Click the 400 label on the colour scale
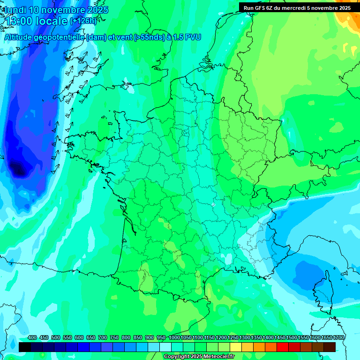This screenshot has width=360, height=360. pyautogui.click(x=32, y=337)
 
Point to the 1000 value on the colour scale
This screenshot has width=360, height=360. pyautogui.click(x=174, y=337)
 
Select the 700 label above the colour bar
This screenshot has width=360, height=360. pyautogui.click(x=103, y=337)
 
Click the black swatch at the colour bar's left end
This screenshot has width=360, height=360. pyautogui.click(x=25, y=347)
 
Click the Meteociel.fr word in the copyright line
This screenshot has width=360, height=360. pyautogui.click(x=219, y=357)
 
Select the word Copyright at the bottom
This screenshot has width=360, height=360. pyautogui.click(x=177, y=357)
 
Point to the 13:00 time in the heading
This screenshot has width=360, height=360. pyautogui.click(x=18, y=21)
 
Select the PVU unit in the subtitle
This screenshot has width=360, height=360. pyautogui.click(x=193, y=37)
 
